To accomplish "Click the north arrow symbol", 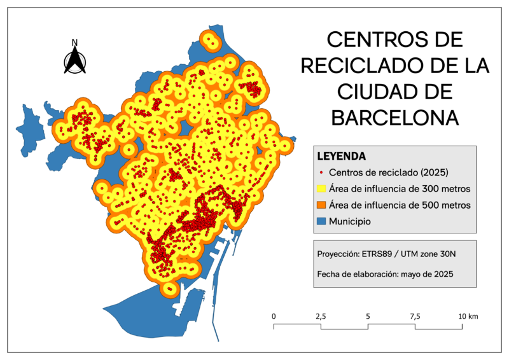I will (75, 60).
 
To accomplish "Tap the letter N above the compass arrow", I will (74, 43).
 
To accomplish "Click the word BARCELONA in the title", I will (394, 118).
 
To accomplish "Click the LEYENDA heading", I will (341, 156).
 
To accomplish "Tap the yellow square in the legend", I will (321, 189).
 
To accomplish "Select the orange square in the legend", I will (321, 205).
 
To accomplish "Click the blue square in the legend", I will (321, 221).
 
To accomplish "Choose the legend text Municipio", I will (350, 222).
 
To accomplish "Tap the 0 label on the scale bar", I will (274, 316).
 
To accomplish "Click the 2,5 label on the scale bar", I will (321, 316).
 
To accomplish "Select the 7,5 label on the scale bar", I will (415, 316).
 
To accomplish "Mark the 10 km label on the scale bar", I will (468, 316).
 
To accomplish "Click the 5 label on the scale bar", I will (368, 316).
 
